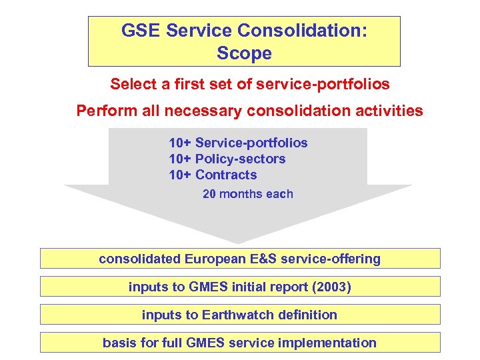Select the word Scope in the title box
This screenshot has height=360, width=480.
click(244, 53)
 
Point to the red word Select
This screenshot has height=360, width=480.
click(131, 85)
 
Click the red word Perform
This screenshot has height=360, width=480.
click(103, 111)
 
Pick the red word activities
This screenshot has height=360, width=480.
click(390, 111)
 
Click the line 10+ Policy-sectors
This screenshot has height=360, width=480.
click(227, 159)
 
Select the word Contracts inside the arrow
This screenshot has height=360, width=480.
click(226, 175)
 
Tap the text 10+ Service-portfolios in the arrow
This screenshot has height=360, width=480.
click(238, 143)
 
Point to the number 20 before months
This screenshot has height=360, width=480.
click(209, 194)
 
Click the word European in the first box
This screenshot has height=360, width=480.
click(223, 259)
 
